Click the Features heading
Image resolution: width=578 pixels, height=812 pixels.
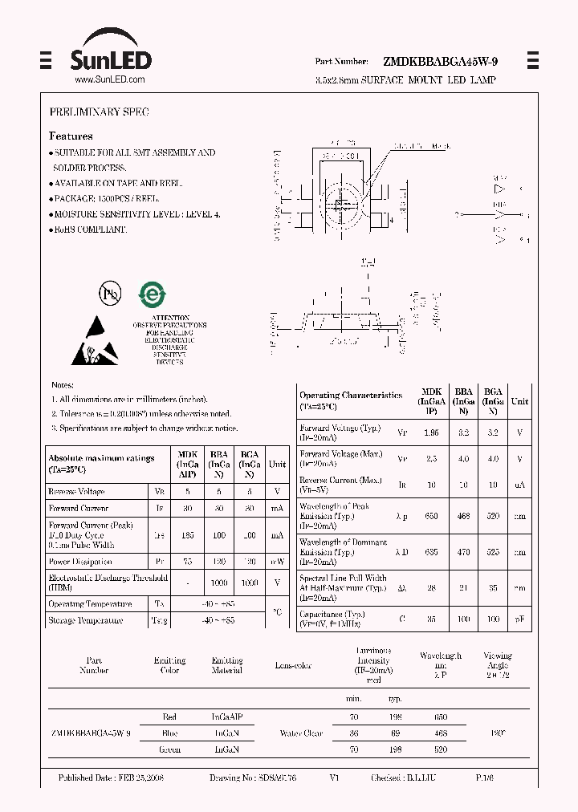[x=71, y=136]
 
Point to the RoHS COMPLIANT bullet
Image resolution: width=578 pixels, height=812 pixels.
[x=89, y=229]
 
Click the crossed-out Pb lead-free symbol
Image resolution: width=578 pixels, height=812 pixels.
[x=109, y=294]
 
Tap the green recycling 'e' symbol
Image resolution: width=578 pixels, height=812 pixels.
[x=152, y=294]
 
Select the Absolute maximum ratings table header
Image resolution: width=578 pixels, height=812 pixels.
[x=101, y=463]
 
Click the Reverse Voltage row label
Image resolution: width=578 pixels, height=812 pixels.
[x=76, y=491]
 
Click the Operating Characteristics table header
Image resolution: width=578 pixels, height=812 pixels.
[x=351, y=400]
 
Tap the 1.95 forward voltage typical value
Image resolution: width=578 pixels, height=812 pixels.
[x=431, y=432]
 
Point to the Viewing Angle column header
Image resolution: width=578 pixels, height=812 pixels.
[x=497, y=665]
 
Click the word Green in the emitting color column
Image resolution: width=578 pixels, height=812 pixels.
[x=169, y=749]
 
